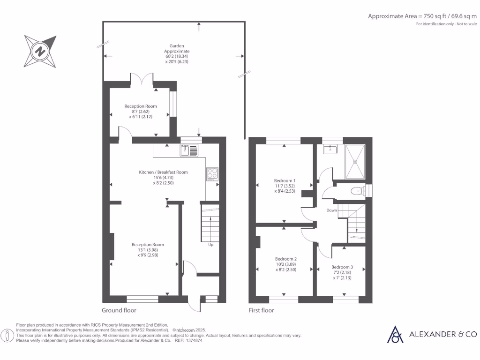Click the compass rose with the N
point(41,51)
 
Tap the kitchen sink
point(189,150)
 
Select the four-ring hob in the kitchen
point(212,174)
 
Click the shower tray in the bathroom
point(355,162)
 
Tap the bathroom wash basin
point(331,149)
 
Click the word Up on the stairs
point(211,244)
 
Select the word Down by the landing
point(331,210)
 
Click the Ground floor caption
point(119,310)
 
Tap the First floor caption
point(261,310)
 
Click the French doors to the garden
point(141,78)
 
